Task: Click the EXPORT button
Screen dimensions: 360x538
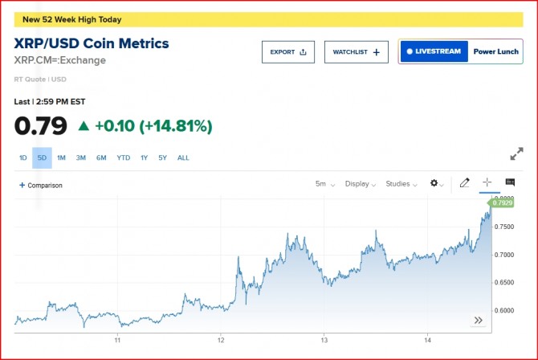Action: (287, 51)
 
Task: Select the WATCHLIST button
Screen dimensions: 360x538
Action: (357, 51)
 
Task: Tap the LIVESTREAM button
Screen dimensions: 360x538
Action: (434, 51)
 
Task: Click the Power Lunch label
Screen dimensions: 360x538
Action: (495, 51)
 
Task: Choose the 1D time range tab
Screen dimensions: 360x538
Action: (23, 157)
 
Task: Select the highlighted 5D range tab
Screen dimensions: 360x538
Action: (42, 157)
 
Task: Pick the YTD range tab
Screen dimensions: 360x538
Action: (123, 157)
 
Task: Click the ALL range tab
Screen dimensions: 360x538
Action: (183, 157)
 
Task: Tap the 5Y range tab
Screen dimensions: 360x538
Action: (163, 157)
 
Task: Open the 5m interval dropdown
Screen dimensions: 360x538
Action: (325, 184)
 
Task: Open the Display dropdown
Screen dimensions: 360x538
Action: (361, 184)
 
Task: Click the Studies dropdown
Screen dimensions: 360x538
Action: (401, 184)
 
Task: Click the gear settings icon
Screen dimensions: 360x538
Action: (436, 183)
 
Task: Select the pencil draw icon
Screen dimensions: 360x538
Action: (464, 183)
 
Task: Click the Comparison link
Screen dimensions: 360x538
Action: (41, 186)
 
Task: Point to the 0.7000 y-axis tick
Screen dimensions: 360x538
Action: (504, 255)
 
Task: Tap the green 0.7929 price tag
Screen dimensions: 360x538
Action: (503, 203)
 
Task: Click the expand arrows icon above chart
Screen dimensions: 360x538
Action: (516, 154)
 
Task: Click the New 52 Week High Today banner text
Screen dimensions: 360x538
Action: (72, 19)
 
